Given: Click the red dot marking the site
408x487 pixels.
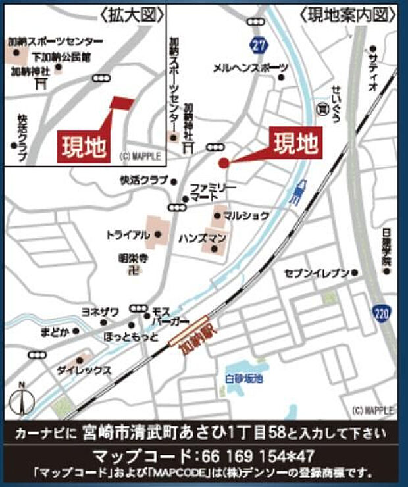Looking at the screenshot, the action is point(223,163).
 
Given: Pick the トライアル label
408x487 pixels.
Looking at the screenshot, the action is point(124,234).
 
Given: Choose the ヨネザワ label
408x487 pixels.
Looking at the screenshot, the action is point(100,313).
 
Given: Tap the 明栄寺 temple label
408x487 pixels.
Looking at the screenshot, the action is point(132,259).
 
